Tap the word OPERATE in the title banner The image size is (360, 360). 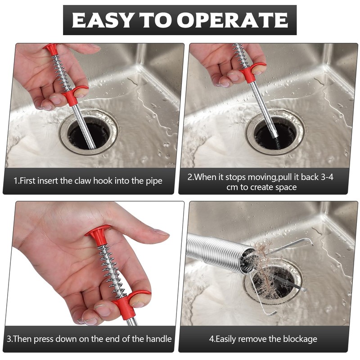pos(232,20)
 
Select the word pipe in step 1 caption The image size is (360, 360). pos(154,181)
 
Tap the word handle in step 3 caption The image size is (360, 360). pos(159,339)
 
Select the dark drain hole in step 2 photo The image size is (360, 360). pos(275,136)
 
